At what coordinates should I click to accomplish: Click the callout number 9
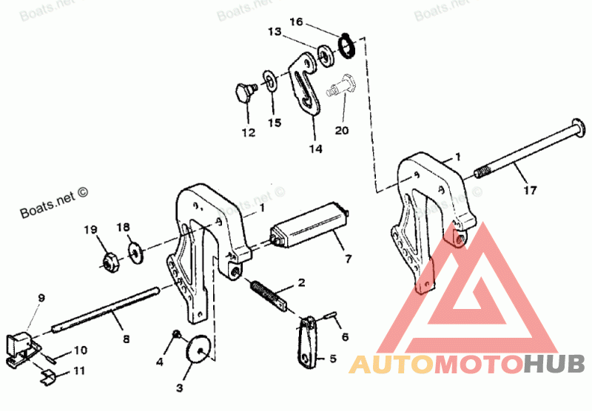(x=41, y=298)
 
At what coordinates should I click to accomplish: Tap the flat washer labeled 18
(x=135, y=254)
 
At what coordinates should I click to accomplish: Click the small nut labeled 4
(x=176, y=336)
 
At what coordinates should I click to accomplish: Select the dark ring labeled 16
(x=346, y=46)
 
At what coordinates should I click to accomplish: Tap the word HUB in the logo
(x=554, y=364)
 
